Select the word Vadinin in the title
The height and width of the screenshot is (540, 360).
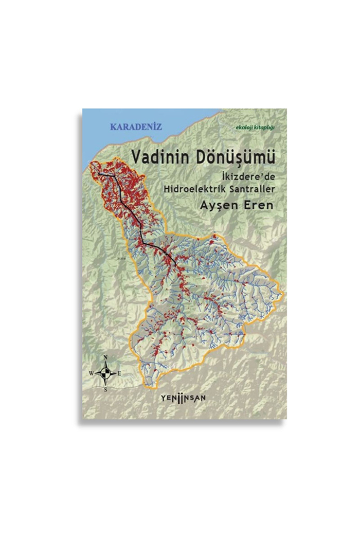tap(154, 157)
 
